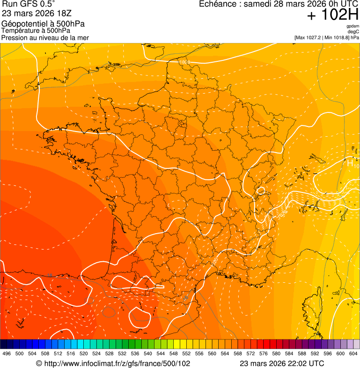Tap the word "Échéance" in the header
[x=219, y=4]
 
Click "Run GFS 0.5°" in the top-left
[x=29, y=4]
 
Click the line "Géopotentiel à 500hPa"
[x=44, y=24]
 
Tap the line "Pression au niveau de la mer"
[x=45, y=37]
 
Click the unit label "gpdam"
[x=353, y=26]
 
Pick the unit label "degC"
[x=354, y=32]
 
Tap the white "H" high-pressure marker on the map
[x=350, y=163]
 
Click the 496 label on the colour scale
[x=7, y=353]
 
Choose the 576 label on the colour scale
[x=264, y=353]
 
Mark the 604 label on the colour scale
[x=353, y=353]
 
